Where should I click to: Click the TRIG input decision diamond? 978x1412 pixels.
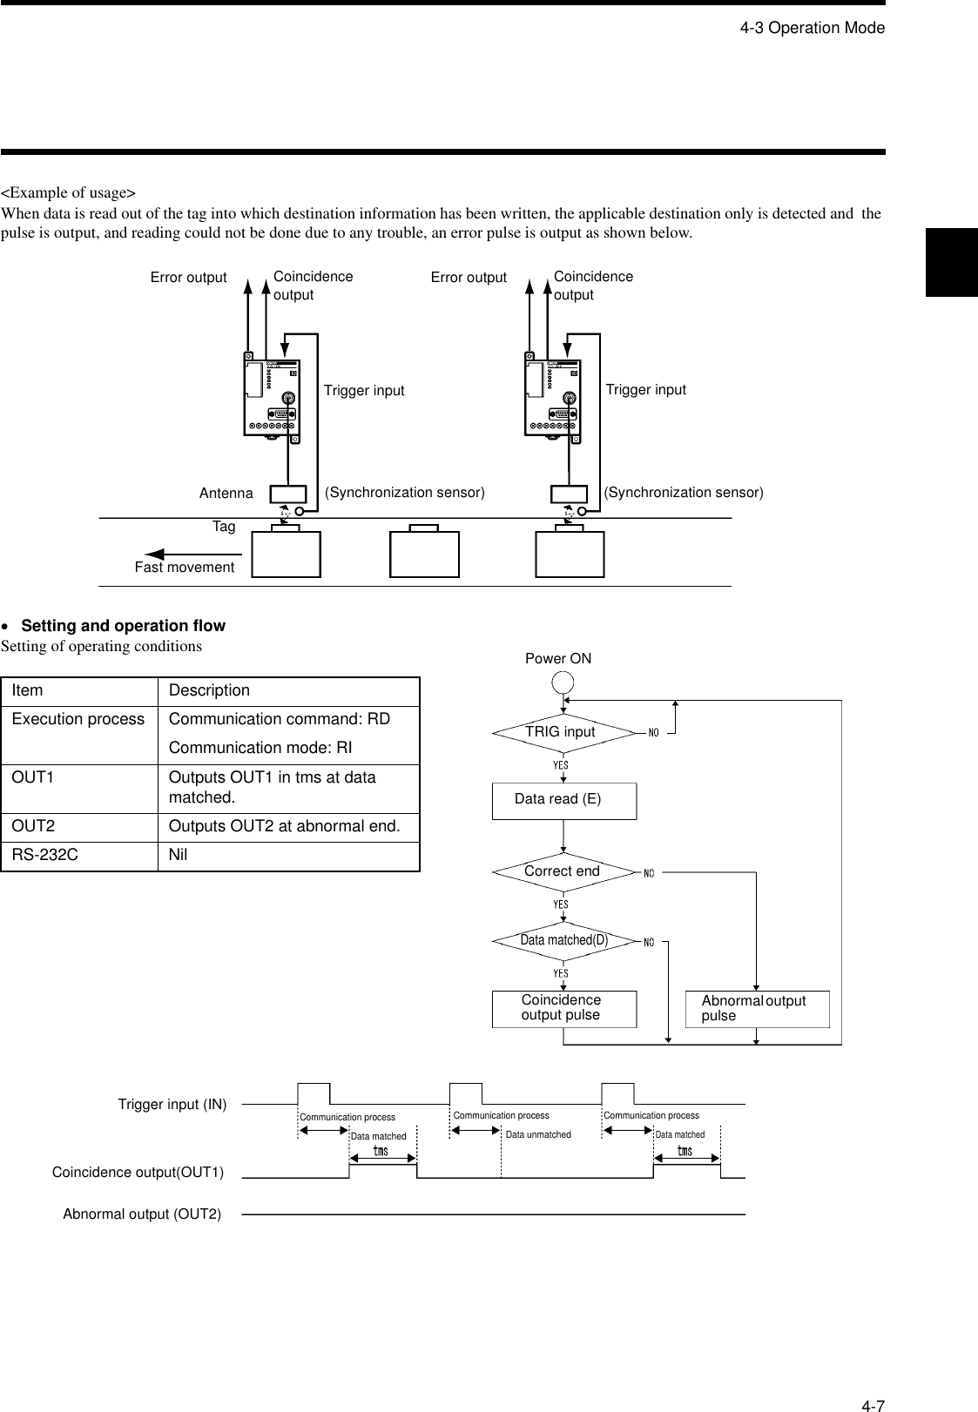pyautogui.click(x=563, y=732)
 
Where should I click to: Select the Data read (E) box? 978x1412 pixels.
pyautogui.click(x=563, y=800)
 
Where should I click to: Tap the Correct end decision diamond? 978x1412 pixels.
pyautogui.click(x=563, y=871)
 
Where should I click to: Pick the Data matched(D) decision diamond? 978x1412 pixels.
pyautogui.click(x=563, y=940)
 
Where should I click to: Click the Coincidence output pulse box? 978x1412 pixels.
pyautogui.click(x=563, y=1008)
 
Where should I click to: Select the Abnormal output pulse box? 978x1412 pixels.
pyautogui.click(x=757, y=1008)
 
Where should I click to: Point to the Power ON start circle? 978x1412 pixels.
pyautogui.click(x=563, y=682)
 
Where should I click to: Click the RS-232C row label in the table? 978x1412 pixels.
pyautogui.click(x=45, y=856)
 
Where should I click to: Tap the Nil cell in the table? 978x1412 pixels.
pyautogui.click(x=179, y=856)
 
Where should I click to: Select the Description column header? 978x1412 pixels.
pyautogui.click(x=209, y=691)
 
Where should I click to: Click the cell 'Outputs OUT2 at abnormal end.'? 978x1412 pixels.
pyautogui.click(x=284, y=827)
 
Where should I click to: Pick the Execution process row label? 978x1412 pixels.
pyautogui.click(x=78, y=720)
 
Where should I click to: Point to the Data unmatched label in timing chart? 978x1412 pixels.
pyautogui.click(x=538, y=1135)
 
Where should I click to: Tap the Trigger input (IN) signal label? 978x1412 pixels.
pyautogui.click(x=172, y=1105)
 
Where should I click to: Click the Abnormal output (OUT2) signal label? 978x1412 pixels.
pyautogui.click(x=142, y=1214)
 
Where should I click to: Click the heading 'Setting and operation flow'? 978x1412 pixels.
pyautogui.click(x=123, y=626)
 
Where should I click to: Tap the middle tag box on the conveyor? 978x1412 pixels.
pyautogui.click(x=424, y=554)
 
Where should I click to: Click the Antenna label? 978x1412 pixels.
pyautogui.click(x=226, y=494)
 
